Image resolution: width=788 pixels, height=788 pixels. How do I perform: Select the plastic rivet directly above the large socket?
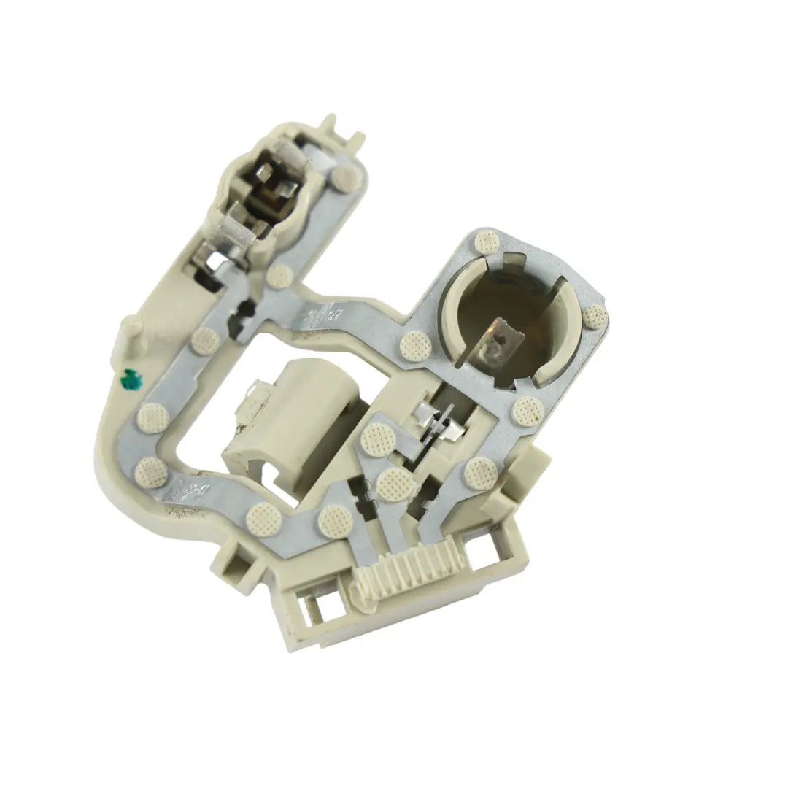[485, 242]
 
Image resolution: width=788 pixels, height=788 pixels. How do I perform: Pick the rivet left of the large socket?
[415, 344]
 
